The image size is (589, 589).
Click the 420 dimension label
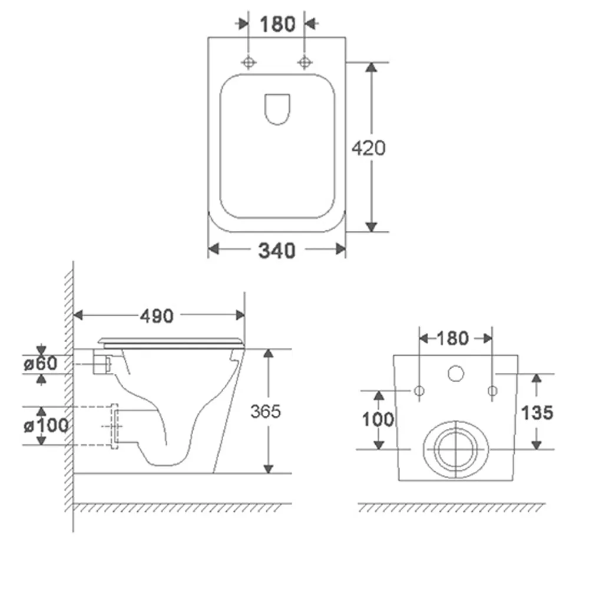tap(369, 148)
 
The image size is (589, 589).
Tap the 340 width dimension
tap(277, 250)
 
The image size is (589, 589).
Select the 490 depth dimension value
tap(157, 316)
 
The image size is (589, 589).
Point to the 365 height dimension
tap(266, 411)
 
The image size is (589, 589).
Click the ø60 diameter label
tap(41, 363)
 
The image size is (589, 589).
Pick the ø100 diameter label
tap(46, 426)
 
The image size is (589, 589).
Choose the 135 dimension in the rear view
tap(537, 413)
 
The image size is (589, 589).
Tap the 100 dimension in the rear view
tap(378, 419)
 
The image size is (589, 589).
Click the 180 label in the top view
tap(277, 24)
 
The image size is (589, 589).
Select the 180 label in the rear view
tap(452, 339)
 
